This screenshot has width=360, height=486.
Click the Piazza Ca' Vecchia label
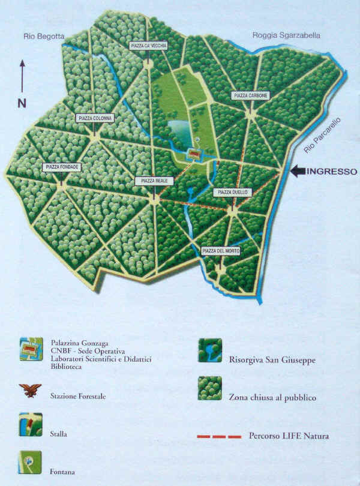(148, 46)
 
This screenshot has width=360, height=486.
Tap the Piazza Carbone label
(250, 95)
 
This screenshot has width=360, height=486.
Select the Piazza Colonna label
(95, 118)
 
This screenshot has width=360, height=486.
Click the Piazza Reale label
(154, 181)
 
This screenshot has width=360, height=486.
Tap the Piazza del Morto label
(221, 251)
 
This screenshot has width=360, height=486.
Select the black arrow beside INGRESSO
(298, 172)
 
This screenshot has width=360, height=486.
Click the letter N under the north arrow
(22, 103)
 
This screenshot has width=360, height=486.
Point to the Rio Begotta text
(43, 37)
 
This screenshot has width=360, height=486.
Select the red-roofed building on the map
(195, 154)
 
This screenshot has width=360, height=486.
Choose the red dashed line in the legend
(220, 436)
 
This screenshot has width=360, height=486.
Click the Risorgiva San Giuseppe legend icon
(210, 350)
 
